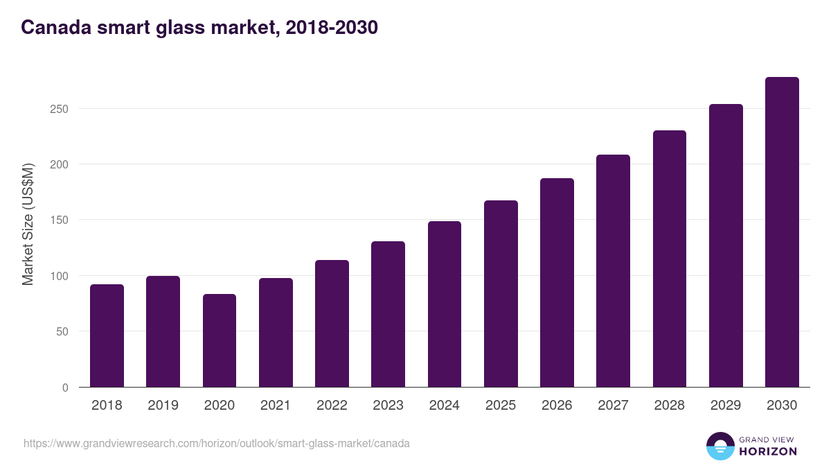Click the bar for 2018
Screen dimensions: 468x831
point(107,336)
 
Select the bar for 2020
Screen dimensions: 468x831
point(220,340)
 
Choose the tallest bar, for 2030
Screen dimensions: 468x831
point(782,232)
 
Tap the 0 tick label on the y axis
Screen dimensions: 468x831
point(65,388)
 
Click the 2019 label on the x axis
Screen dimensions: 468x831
point(163,406)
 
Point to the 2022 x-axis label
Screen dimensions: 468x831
point(332,406)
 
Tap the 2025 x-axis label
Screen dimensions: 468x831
point(501,406)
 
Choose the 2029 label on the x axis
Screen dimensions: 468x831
point(726,406)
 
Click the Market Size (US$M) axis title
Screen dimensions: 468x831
point(28,225)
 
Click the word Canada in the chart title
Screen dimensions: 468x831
point(53,28)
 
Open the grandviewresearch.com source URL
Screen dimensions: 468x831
point(217,443)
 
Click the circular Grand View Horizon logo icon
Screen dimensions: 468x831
point(720,446)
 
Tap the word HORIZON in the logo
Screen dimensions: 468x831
point(768,451)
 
